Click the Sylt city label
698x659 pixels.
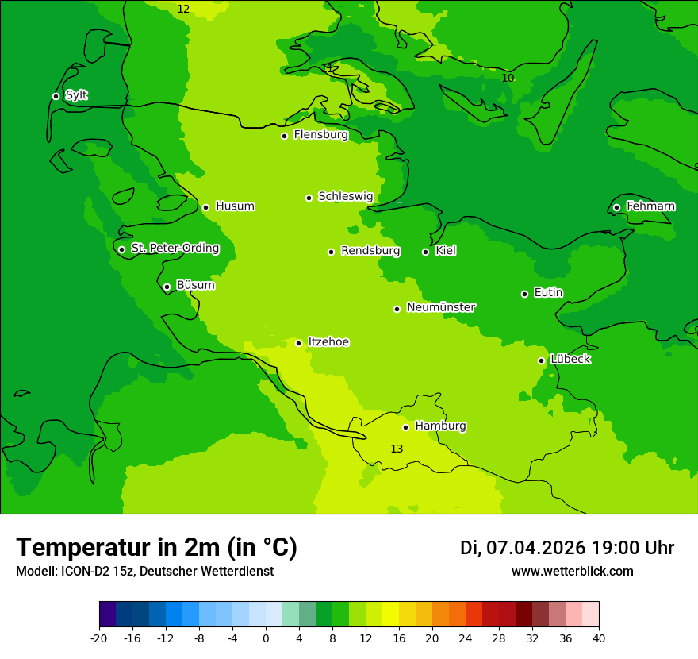coord(76,95)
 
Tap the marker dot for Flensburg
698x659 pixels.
coord(284,136)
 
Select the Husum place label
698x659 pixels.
coord(235,206)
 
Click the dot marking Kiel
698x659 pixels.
coord(425,252)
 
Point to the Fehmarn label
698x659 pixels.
coord(650,206)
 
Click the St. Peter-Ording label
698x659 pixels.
coord(174,249)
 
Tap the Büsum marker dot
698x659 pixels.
coord(167,287)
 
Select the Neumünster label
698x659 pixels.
coord(441,307)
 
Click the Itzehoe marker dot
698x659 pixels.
coord(298,343)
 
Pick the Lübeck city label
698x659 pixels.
coord(570,360)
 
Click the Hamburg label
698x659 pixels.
coord(440,426)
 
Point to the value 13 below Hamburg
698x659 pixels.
coord(397,449)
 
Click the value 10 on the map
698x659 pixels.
coord(508,78)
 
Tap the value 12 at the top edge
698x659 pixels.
coord(183,9)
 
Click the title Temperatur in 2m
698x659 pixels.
coord(156,548)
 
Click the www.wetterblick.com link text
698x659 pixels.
coord(572,572)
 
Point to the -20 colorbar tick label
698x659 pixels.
coord(98,638)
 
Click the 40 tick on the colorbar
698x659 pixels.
coord(599,638)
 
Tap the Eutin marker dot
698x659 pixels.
coord(524,294)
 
